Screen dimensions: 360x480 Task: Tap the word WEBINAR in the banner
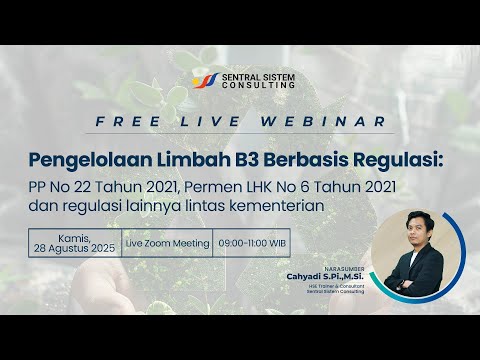click(315, 121)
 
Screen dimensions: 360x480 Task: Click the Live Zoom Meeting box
click(167, 243)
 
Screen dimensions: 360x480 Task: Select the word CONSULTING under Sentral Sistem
click(255, 86)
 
